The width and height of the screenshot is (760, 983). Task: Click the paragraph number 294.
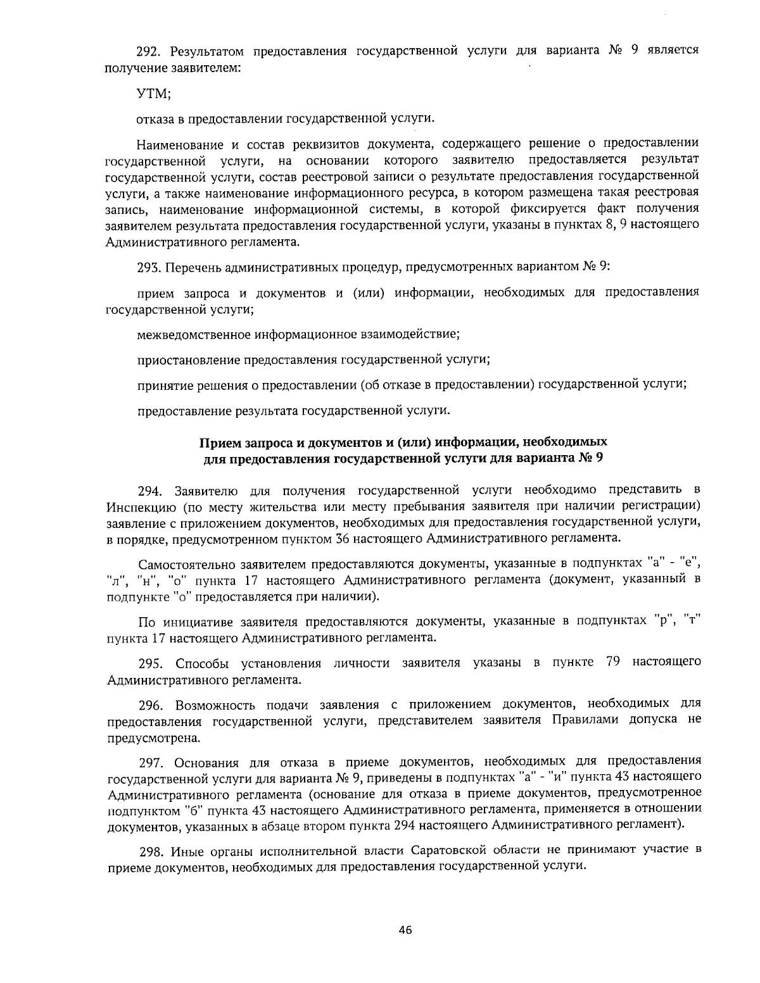pos(151,490)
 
